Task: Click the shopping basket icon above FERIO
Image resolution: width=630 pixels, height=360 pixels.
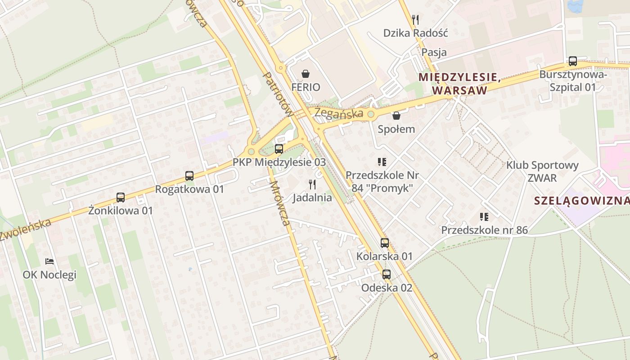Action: [306, 74]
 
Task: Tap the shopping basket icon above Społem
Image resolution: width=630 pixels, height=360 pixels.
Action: [396, 116]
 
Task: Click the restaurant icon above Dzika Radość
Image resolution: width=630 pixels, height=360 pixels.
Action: [415, 19]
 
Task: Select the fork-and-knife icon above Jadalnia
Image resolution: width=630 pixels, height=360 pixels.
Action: [312, 184]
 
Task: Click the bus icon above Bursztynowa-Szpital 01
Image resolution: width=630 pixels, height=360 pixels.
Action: [573, 61]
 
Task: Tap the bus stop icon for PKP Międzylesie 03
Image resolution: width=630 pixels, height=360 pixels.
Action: [279, 148]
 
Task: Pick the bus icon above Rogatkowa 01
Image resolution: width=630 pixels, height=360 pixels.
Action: [189, 176]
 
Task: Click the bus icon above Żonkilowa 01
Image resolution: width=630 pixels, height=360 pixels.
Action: [121, 197]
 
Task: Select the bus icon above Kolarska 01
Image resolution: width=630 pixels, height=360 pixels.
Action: [385, 243]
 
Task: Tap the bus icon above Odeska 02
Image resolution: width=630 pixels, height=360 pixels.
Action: [387, 274]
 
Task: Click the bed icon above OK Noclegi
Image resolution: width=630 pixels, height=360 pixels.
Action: [49, 261]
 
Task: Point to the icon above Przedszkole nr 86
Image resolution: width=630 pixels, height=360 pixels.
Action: [484, 217]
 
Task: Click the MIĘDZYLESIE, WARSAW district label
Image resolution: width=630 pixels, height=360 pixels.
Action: [459, 84]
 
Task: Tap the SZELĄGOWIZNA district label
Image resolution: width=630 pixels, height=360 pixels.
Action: [581, 201]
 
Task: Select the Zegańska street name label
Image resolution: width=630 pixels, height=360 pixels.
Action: [339, 112]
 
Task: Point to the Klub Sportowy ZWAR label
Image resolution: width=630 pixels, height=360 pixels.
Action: [542, 171]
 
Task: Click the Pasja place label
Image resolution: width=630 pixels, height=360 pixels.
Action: [434, 52]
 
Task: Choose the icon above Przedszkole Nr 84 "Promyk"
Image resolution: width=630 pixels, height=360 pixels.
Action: [382, 162]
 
